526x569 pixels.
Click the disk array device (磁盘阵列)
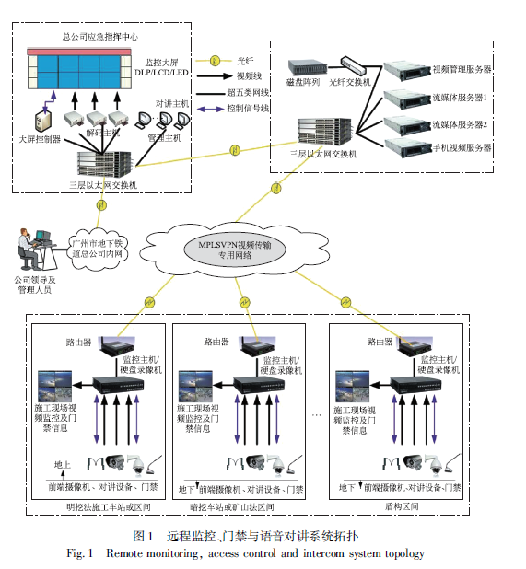(x=308, y=68)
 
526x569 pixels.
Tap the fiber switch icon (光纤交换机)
(x=352, y=65)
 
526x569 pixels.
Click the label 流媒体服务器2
(x=460, y=125)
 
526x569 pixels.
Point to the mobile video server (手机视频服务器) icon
(x=408, y=148)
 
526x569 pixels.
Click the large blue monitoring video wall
(x=79, y=72)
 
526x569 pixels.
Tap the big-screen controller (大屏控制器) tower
(x=42, y=121)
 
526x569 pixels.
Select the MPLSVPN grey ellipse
(x=235, y=250)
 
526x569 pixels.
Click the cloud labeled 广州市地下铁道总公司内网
(x=98, y=249)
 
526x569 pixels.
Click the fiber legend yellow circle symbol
(x=216, y=60)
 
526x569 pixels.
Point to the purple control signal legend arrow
(x=210, y=109)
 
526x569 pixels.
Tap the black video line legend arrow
(x=214, y=76)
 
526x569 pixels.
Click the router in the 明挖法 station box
(x=117, y=346)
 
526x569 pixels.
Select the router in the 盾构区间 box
(x=415, y=346)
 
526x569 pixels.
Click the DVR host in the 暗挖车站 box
(x=259, y=386)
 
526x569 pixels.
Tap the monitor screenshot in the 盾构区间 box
(x=352, y=386)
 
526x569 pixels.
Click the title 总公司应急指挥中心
(x=100, y=37)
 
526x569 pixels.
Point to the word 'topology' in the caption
(x=404, y=553)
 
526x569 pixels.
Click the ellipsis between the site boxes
(x=317, y=414)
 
